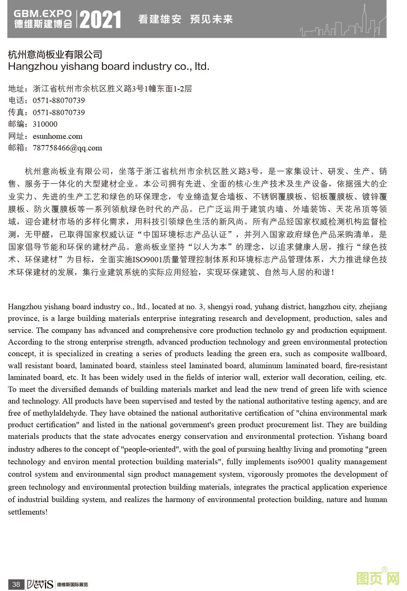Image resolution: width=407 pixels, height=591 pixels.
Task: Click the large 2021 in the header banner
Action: tap(100, 20)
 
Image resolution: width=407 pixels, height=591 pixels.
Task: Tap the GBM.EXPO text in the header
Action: tap(43, 14)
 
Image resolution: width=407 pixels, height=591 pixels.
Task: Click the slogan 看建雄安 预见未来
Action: tap(185, 19)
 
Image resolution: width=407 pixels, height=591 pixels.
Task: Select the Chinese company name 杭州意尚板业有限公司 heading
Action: tap(55, 54)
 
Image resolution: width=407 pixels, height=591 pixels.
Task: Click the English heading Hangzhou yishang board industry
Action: tap(108, 66)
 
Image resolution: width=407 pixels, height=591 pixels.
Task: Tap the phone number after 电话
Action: tap(59, 101)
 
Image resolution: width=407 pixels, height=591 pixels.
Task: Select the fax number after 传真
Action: tap(59, 113)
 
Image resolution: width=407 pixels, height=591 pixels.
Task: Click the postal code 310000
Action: tap(45, 124)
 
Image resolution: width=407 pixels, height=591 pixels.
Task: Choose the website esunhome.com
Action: tap(57, 136)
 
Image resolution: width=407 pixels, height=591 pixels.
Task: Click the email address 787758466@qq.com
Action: tap(67, 148)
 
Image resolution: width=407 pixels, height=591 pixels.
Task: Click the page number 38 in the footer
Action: tap(16, 584)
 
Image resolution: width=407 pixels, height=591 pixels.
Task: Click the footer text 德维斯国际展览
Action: tap(72, 585)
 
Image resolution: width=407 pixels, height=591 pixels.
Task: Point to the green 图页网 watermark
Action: tap(378, 579)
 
